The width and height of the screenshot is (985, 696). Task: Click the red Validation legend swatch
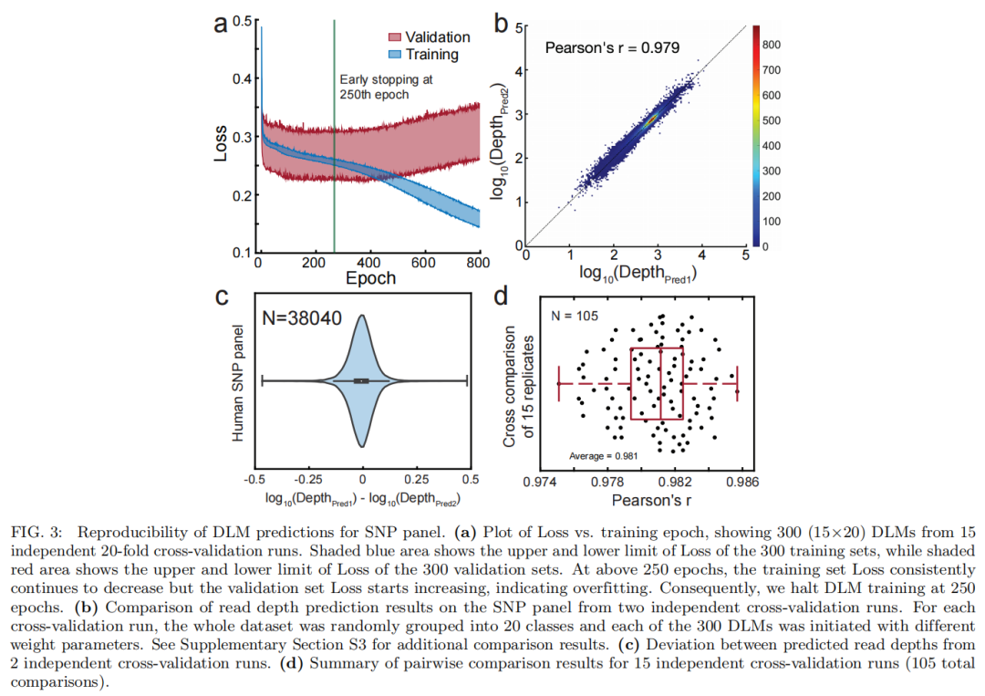392,37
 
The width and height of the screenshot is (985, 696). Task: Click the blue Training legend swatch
392,55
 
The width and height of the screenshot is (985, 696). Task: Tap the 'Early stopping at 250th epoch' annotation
385,87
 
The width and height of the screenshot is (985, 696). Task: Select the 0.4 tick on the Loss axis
239,79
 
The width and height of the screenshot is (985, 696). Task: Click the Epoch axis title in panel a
370,278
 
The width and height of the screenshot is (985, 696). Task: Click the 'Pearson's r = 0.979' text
612,47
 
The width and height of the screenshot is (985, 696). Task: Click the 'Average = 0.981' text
604,454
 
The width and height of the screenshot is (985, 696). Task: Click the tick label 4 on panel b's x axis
701,257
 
